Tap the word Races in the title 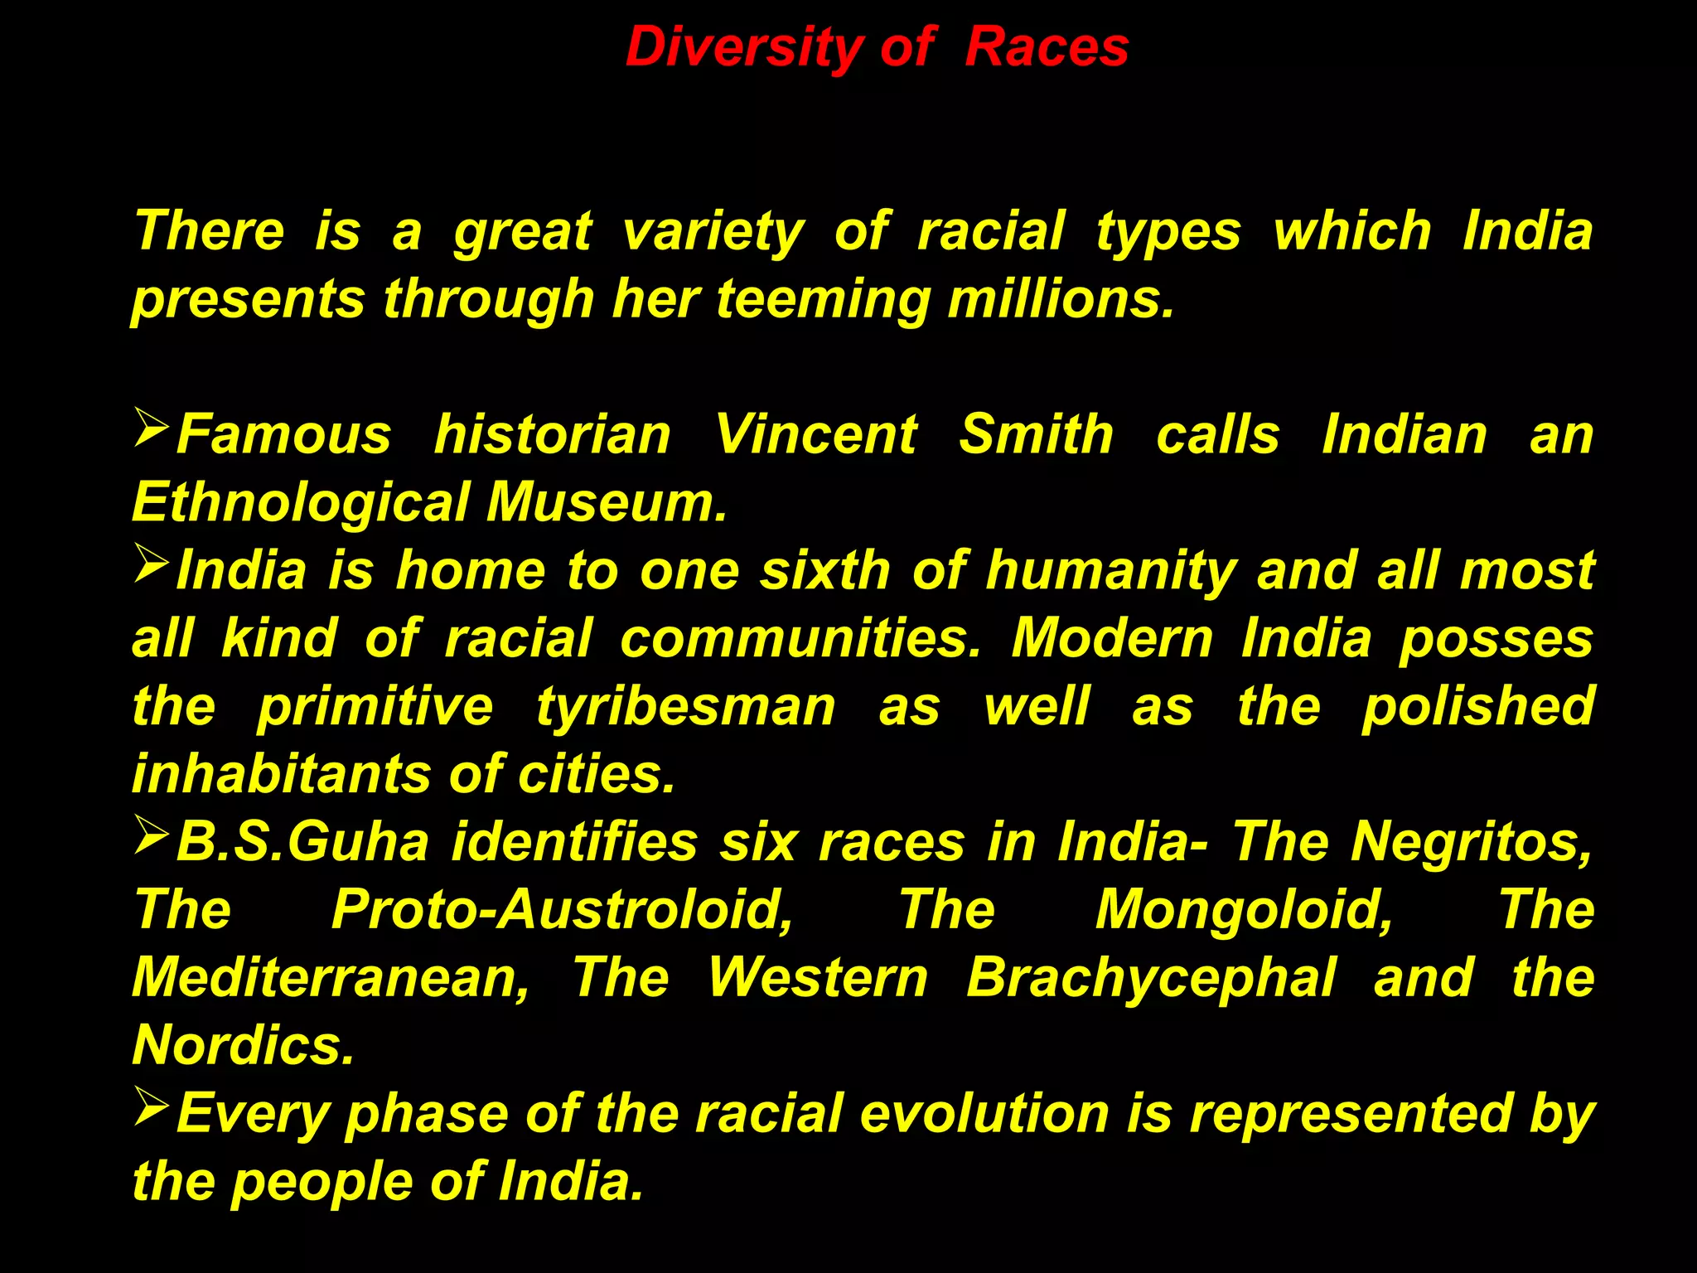pos(1047,47)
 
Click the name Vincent pos(815,434)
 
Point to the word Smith pos(1036,434)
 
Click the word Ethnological pos(301,502)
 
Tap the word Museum pos(606,502)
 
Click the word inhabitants pos(282,774)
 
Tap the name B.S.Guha pos(302,842)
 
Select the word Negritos pos(1471,842)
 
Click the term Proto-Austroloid pos(562,910)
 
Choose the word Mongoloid pos(1244,910)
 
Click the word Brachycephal pos(1151,978)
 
